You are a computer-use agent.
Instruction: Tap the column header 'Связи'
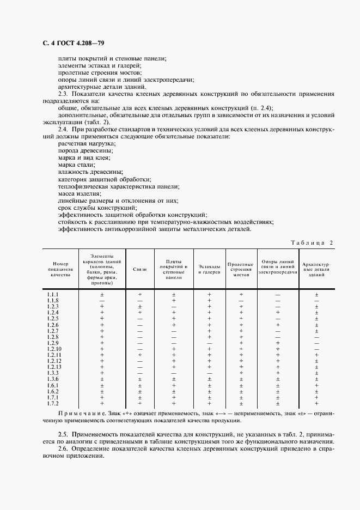(140, 270)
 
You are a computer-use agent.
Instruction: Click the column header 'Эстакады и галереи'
(209, 270)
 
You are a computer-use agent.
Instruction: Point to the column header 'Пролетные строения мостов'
(241, 270)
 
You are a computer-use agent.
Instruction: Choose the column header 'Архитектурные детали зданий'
(316, 270)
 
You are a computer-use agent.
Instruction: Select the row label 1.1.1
(53, 295)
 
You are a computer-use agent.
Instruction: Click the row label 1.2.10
(54, 349)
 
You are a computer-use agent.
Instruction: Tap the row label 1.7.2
(53, 403)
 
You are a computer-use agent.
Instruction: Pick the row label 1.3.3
(53, 373)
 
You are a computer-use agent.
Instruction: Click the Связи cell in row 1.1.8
(140, 301)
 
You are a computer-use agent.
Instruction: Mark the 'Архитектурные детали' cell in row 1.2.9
(316, 343)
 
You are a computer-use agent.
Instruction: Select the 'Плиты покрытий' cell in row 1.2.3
(174, 307)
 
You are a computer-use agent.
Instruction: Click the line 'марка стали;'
(76, 165)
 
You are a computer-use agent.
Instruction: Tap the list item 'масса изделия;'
(79, 193)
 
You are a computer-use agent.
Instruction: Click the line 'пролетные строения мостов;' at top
(99, 72)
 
